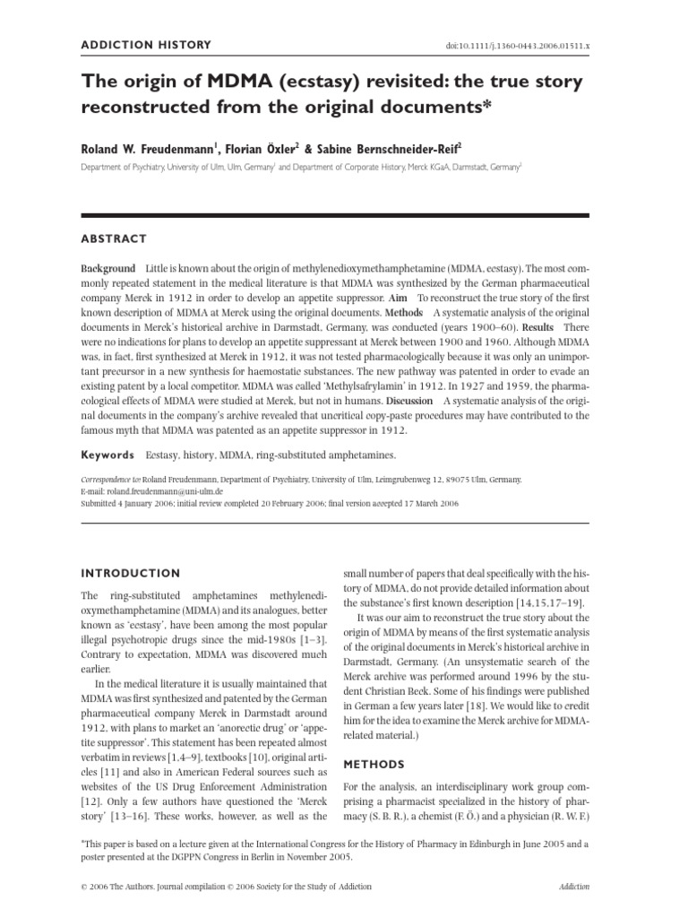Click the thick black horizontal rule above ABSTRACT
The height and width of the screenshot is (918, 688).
tap(336, 215)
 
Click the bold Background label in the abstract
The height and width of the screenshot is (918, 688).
tap(108, 269)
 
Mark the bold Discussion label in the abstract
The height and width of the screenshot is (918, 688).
tap(408, 401)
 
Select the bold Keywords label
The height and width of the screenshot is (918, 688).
tap(108, 455)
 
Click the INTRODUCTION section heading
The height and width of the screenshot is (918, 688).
tap(131, 573)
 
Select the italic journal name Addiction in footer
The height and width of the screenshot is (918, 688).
tap(572, 887)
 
